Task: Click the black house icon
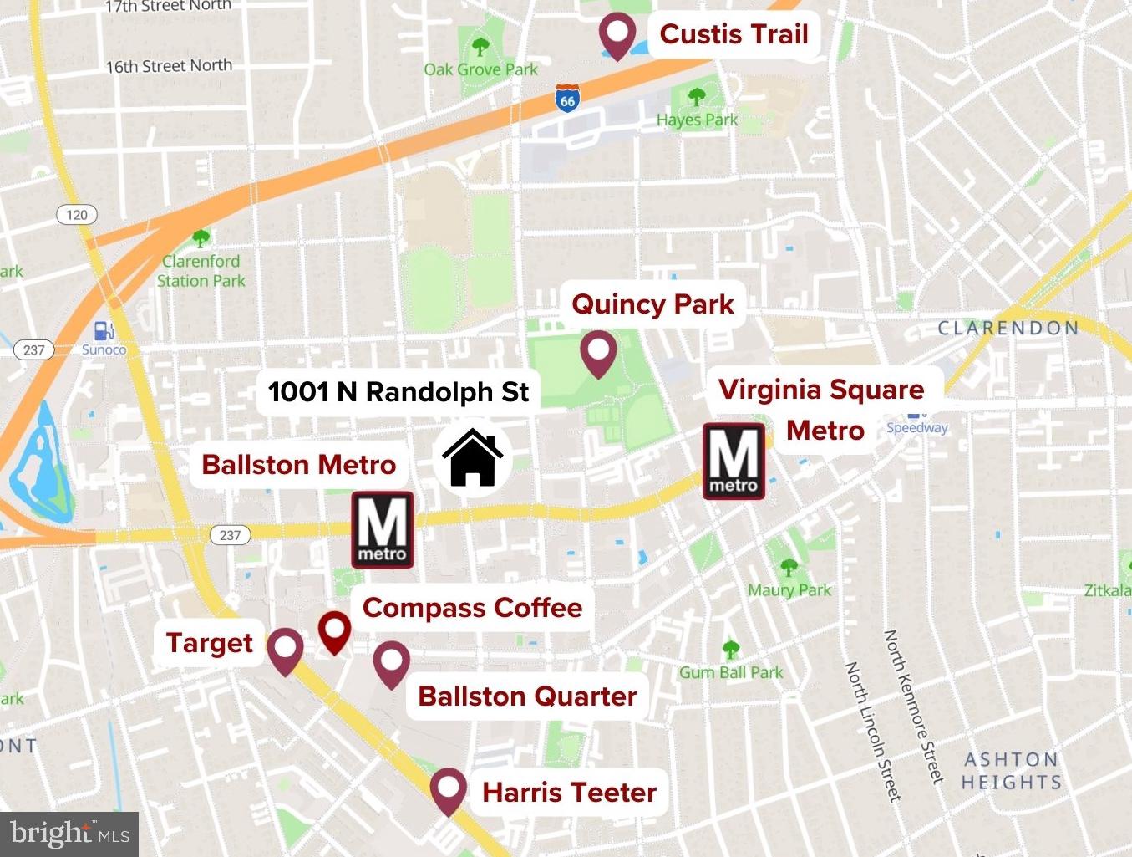click(473, 457)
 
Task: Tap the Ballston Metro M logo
click(383, 530)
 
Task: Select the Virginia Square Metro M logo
click(734, 462)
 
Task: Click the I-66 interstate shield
click(567, 99)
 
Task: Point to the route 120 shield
click(77, 215)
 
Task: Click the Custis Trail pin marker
click(617, 35)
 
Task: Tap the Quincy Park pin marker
click(598, 352)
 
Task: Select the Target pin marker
click(285, 650)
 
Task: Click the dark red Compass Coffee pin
click(335, 630)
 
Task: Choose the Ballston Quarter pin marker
click(391, 662)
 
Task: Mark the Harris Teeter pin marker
click(449, 789)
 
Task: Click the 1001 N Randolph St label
click(398, 391)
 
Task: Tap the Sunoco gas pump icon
click(104, 331)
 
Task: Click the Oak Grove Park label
click(480, 69)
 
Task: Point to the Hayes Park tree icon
click(696, 98)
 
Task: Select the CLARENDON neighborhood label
click(1008, 328)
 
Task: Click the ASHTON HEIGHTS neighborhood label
click(1011, 770)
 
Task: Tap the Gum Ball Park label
click(731, 672)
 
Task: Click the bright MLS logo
click(70, 834)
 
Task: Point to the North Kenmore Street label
click(913, 707)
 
